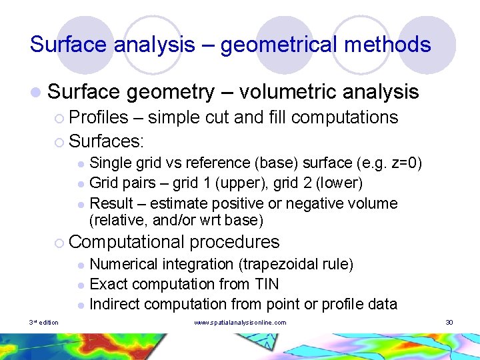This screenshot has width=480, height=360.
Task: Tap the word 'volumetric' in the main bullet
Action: point(287,91)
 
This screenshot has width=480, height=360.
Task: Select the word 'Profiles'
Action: point(98,117)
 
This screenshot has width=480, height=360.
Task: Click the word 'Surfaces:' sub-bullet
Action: point(107,141)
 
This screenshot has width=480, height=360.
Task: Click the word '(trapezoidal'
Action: point(274,265)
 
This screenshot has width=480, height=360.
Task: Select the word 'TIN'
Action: point(267,285)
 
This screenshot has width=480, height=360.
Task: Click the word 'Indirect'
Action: point(114,305)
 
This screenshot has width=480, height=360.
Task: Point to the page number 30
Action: point(449,323)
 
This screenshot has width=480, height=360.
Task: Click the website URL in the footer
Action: point(240,323)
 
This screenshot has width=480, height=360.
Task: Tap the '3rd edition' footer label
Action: point(44,323)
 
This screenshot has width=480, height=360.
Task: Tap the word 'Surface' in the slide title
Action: point(69,45)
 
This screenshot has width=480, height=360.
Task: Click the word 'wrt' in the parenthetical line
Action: point(201,221)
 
